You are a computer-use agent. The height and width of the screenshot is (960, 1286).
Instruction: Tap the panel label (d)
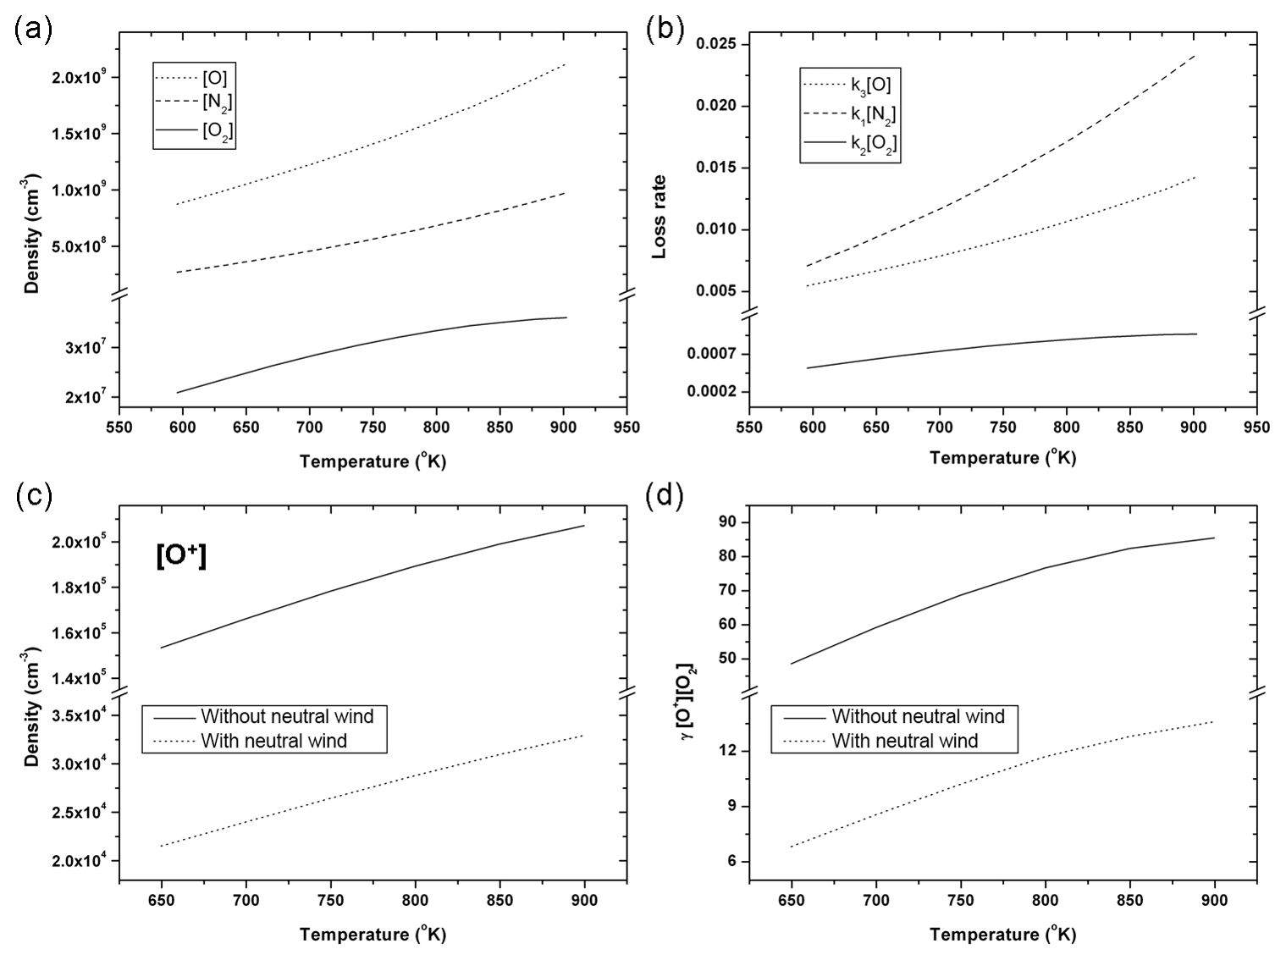664,495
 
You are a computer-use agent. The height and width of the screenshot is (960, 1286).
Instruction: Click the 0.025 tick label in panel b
715,44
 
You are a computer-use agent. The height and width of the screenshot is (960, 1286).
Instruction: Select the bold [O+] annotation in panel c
181,556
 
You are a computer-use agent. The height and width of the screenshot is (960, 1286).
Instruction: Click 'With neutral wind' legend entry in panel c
273,742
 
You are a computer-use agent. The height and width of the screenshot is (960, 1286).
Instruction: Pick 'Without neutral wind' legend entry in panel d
918,717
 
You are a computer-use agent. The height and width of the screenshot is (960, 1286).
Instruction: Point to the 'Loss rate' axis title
659,216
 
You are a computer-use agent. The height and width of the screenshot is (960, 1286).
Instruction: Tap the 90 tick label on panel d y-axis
726,522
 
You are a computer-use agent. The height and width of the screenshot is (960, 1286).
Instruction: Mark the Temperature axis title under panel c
373,935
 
